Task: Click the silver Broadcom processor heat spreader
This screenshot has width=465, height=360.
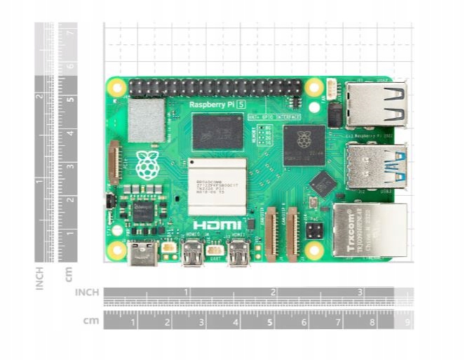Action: click(217, 187)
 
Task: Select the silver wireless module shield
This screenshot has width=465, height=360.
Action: click(147, 121)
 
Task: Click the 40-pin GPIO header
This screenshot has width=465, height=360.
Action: click(215, 88)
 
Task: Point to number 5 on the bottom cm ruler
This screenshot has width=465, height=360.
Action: click(270, 322)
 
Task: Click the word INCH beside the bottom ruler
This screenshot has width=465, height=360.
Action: click(87, 292)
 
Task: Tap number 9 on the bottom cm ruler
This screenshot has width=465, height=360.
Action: click(407, 322)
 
